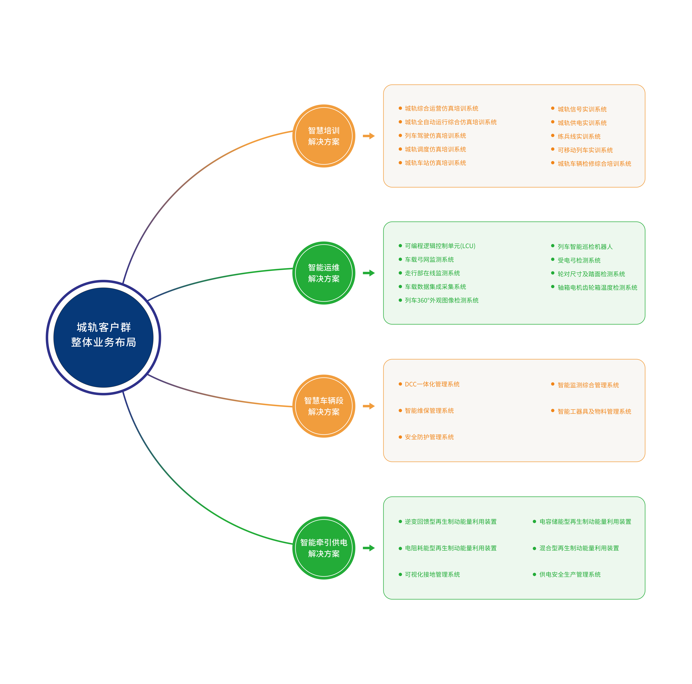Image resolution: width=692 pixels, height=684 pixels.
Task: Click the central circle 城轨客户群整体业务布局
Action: (104, 337)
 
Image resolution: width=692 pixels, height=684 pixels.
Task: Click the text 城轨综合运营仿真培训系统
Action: (441, 108)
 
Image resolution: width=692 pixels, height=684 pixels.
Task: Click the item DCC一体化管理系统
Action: (432, 384)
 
